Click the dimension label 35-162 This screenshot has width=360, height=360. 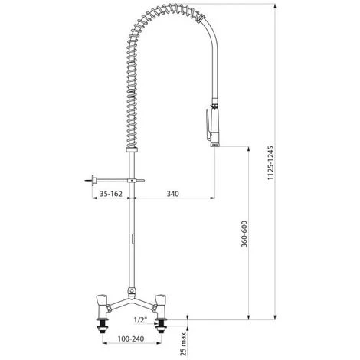tap(111, 194)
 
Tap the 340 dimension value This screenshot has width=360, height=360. tap(173, 194)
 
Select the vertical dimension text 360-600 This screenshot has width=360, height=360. tap(244, 234)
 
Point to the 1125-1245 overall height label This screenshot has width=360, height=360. tap(270, 163)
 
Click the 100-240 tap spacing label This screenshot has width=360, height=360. tap(131, 339)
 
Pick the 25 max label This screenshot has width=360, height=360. tap(183, 344)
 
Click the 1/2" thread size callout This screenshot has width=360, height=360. tap(141, 320)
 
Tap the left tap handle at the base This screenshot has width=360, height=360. tap(103, 299)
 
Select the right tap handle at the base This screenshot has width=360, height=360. tap(159, 299)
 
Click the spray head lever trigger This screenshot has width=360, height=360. tap(208, 124)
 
